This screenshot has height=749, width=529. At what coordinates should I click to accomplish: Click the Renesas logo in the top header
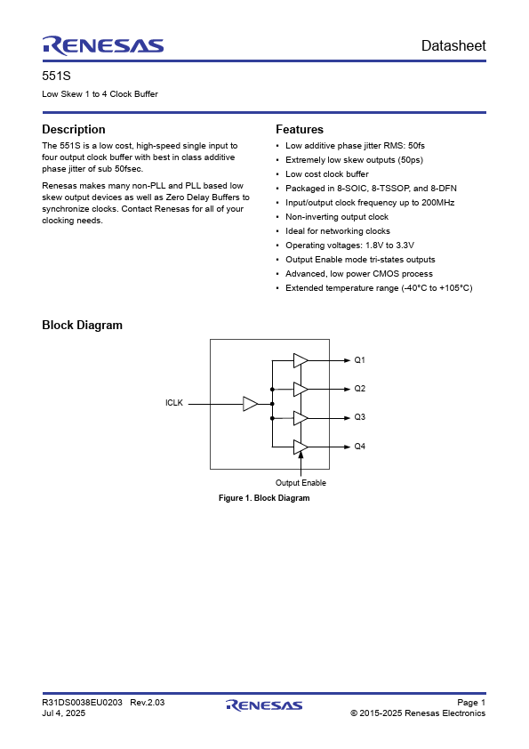coord(102,45)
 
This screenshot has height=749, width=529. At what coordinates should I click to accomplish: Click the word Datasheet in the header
coord(453,46)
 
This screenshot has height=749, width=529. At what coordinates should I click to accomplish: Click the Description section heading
coord(74,129)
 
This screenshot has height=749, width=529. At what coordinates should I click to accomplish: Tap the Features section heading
coord(300,129)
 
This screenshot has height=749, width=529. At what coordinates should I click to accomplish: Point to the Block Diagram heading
coord(83,325)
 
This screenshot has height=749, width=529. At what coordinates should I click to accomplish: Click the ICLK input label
coord(173,403)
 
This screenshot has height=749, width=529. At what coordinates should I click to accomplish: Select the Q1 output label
coord(360,360)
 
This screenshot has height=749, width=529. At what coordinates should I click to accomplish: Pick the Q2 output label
coord(360,389)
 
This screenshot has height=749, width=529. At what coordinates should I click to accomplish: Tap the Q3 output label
coord(360,417)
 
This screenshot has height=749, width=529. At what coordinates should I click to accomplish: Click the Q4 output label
coord(360,446)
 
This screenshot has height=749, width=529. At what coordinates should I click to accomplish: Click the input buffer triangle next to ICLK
coord(250,404)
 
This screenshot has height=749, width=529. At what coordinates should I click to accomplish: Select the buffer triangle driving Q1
coord(300,360)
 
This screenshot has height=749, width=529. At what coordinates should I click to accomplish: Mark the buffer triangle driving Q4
coord(300,446)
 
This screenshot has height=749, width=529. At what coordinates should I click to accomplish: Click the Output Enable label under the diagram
coord(301,483)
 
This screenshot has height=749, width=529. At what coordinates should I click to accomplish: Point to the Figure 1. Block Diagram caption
coord(264,498)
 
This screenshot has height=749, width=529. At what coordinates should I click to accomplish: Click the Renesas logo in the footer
coord(264,705)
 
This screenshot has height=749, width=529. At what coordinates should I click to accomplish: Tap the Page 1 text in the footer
coord(470,703)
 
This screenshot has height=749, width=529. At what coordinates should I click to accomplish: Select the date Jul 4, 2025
coord(64,713)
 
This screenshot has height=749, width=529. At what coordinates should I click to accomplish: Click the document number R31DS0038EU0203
coord(83,703)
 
